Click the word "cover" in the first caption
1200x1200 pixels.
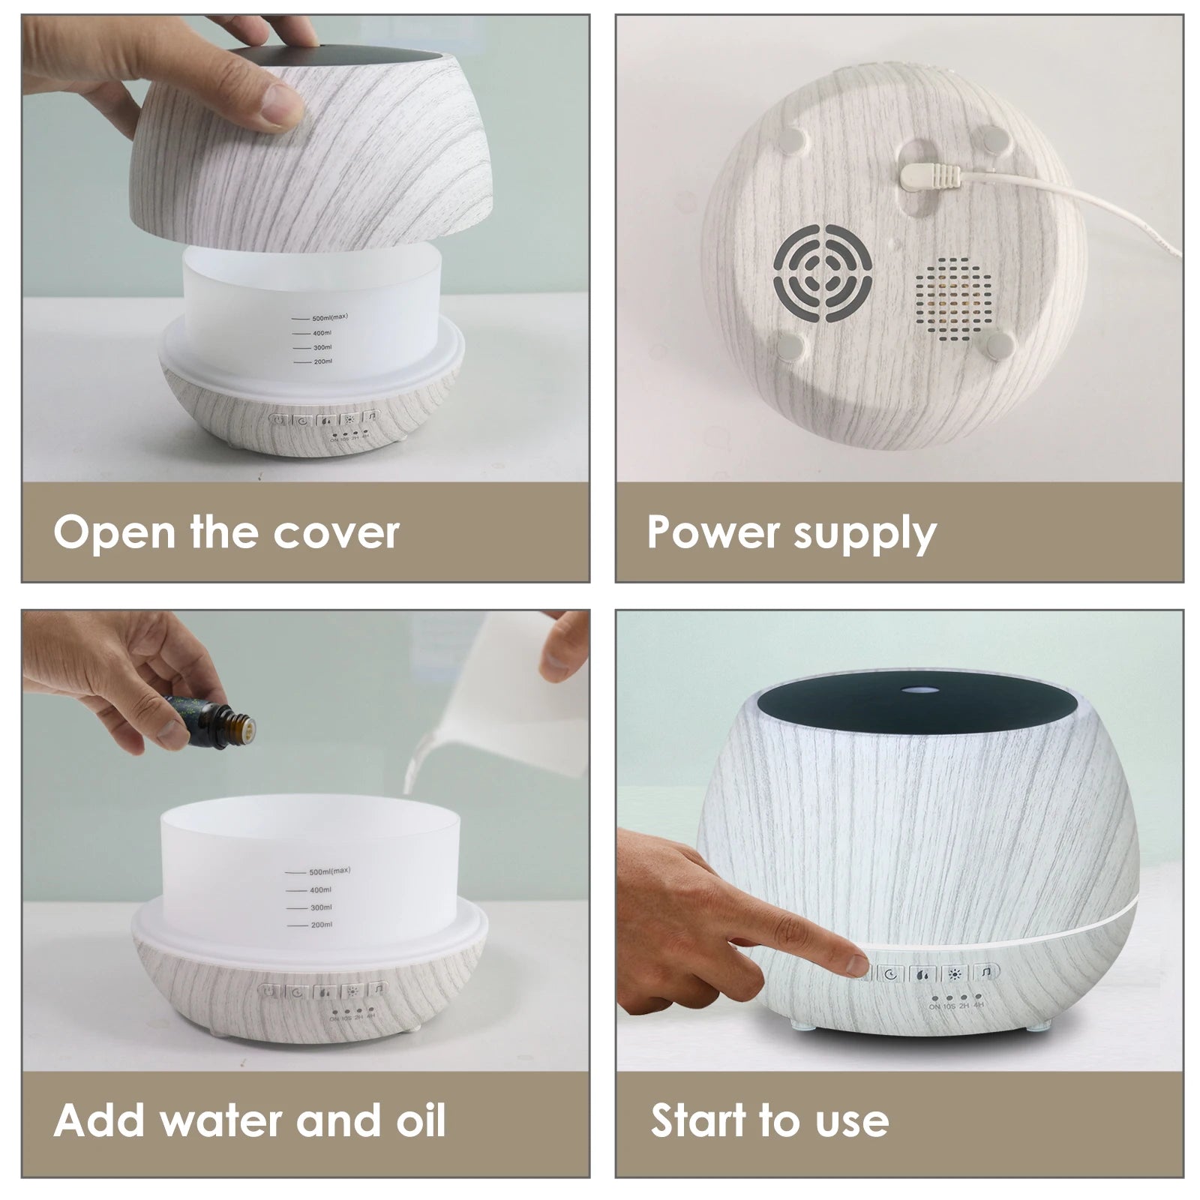click(x=335, y=532)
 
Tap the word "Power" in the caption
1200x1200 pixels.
click(x=703, y=532)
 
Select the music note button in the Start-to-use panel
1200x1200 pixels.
click(x=985, y=973)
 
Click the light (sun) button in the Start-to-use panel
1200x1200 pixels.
click(x=954, y=974)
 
